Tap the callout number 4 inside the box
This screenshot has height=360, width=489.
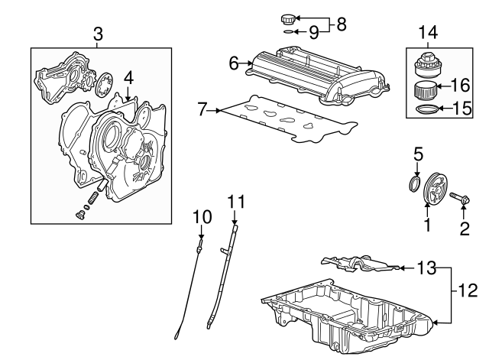(x=129, y=77)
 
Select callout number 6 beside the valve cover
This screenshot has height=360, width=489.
(x=234, y=63)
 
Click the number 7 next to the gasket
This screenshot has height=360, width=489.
(x=202, y=110)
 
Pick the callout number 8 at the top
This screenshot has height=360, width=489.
(x=341, y=24)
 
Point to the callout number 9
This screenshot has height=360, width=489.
(x=313, y=33)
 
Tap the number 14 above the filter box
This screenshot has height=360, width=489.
(x=428, y=32)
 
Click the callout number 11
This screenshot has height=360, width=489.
(x=238, y=203)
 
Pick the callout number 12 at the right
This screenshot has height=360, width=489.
(x=468, y=290)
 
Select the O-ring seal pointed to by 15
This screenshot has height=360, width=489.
(x=426, y=110)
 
